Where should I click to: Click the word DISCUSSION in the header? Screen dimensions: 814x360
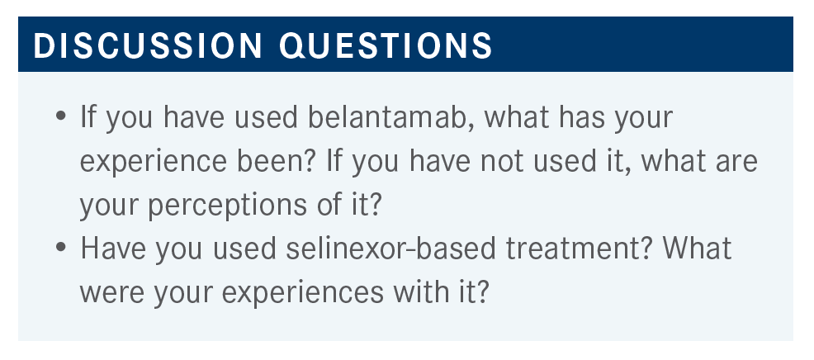point(148,45)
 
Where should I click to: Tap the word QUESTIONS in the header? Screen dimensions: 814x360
point(386,46)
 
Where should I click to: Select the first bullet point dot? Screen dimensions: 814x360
point(61,116)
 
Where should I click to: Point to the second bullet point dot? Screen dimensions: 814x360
point(61,246)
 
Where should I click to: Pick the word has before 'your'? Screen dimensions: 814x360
point(582,117)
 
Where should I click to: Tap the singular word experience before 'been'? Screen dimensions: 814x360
point(154,162)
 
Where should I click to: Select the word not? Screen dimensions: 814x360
point(500,162)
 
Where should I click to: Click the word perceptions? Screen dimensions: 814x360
point(227,206)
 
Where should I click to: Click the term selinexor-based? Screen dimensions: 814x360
point(391,249)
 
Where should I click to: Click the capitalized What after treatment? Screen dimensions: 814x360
point(698,249)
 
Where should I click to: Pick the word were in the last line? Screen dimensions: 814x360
point(111,294)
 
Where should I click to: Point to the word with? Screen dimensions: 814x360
point(418,292)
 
